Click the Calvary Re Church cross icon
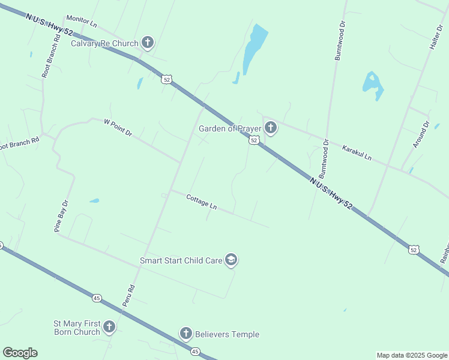pyautogui.click(x=148, y=43)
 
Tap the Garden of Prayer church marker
pyautogui.click(x=271, y=128)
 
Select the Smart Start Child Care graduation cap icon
pyautogui.click(x=231, y=260)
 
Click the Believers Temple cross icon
pyautogui.click(x=185, y=334)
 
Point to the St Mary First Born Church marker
pyautogui.click(x=109, y=327)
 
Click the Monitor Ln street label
pyautogui.click(x=82, y=23)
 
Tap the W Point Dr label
pyautogui.click(x=118, y=128)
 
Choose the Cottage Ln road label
pyautogui.click(x=201, y=202)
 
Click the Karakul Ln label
pyautogui.click(x=357, y=153)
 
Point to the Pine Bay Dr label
pyautogui.click(x=62, y=216)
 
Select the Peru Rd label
pyautogui.click(x=128, y=296)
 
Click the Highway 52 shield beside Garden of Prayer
pyautogui.click(x=255, y=140)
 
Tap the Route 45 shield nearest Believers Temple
pyautogui.click(x=194, y=351)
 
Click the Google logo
pyautogui.click(x=20, y=353)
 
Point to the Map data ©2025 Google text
pyautogui.click(x=412, y=355)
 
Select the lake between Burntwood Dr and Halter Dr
pyautogui.click(x=372, y=85)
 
